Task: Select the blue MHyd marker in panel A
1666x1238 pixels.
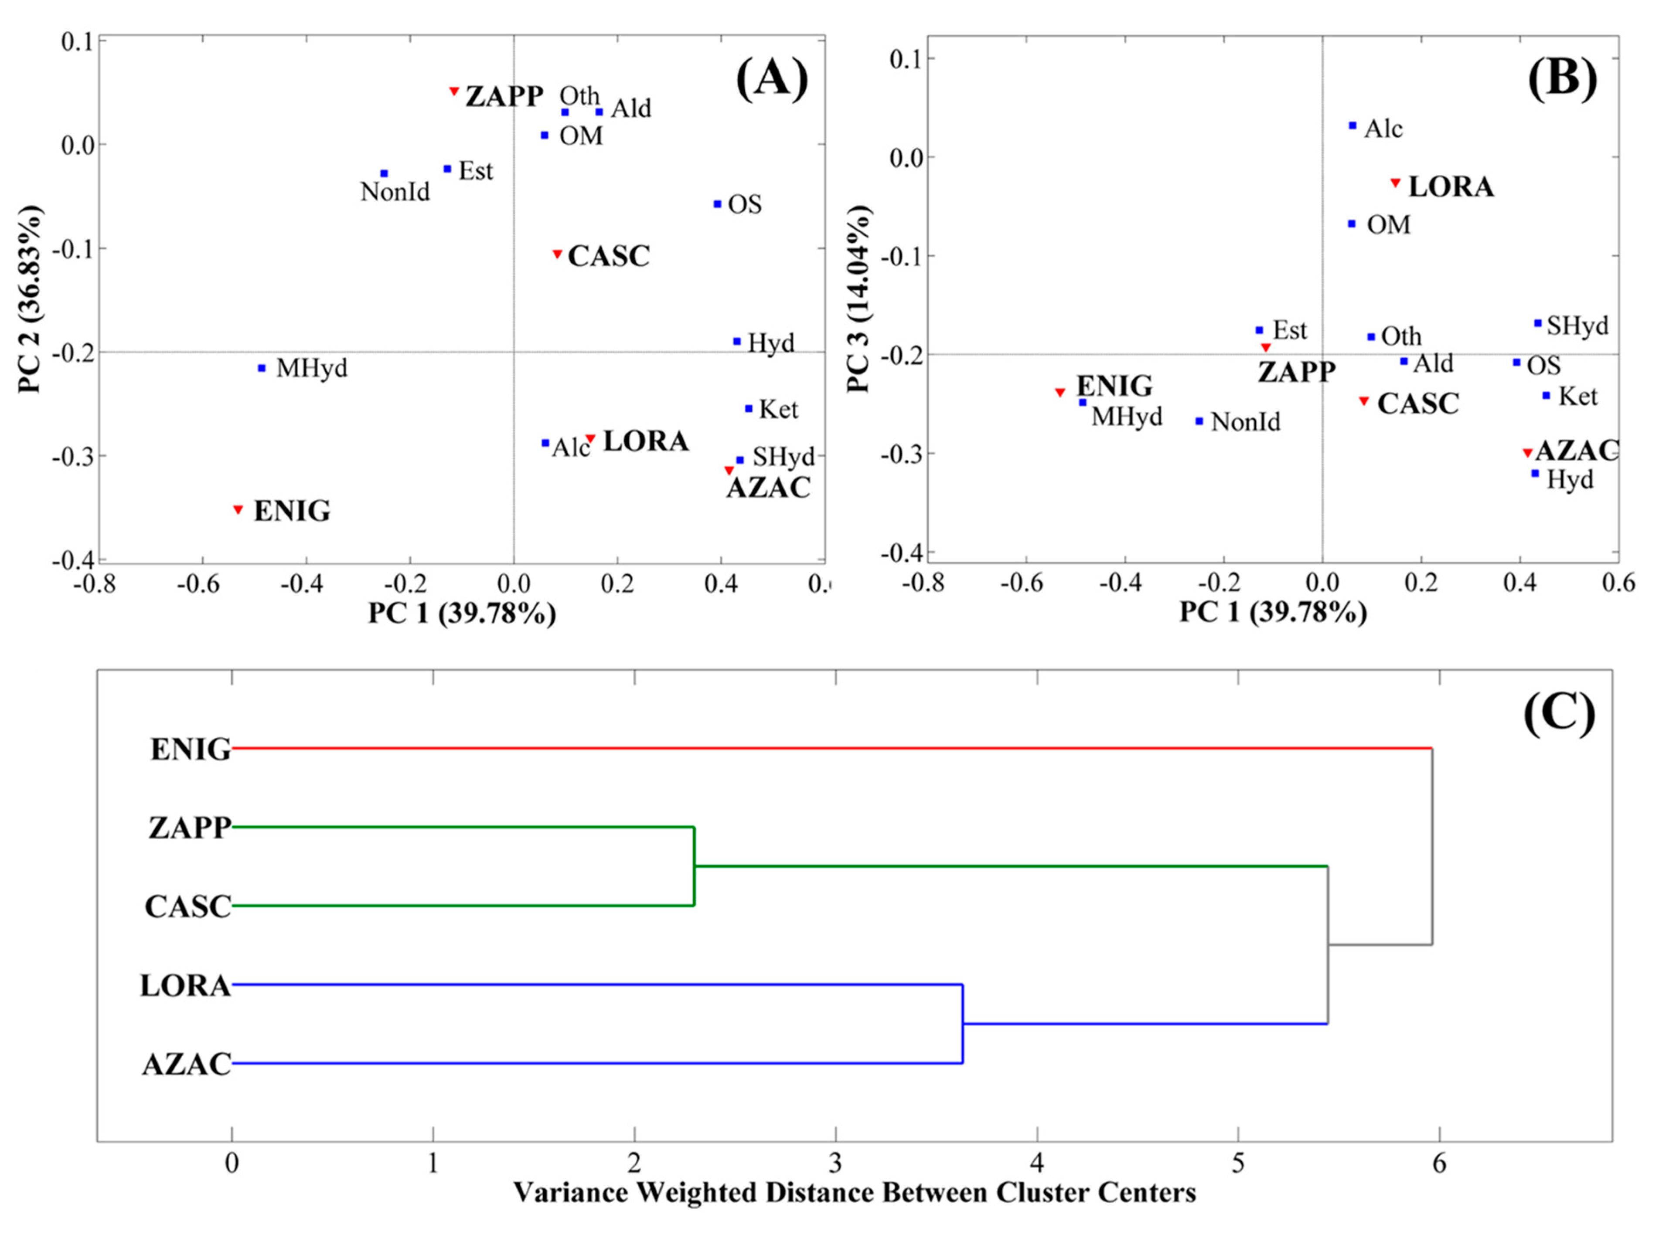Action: coord(262,368)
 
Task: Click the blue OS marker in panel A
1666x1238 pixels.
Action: coord(718,204)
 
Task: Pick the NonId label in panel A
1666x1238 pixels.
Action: coord(395,192)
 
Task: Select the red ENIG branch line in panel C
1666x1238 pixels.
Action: coord(825,748)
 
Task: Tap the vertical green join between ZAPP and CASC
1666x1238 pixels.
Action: coord(694,866)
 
